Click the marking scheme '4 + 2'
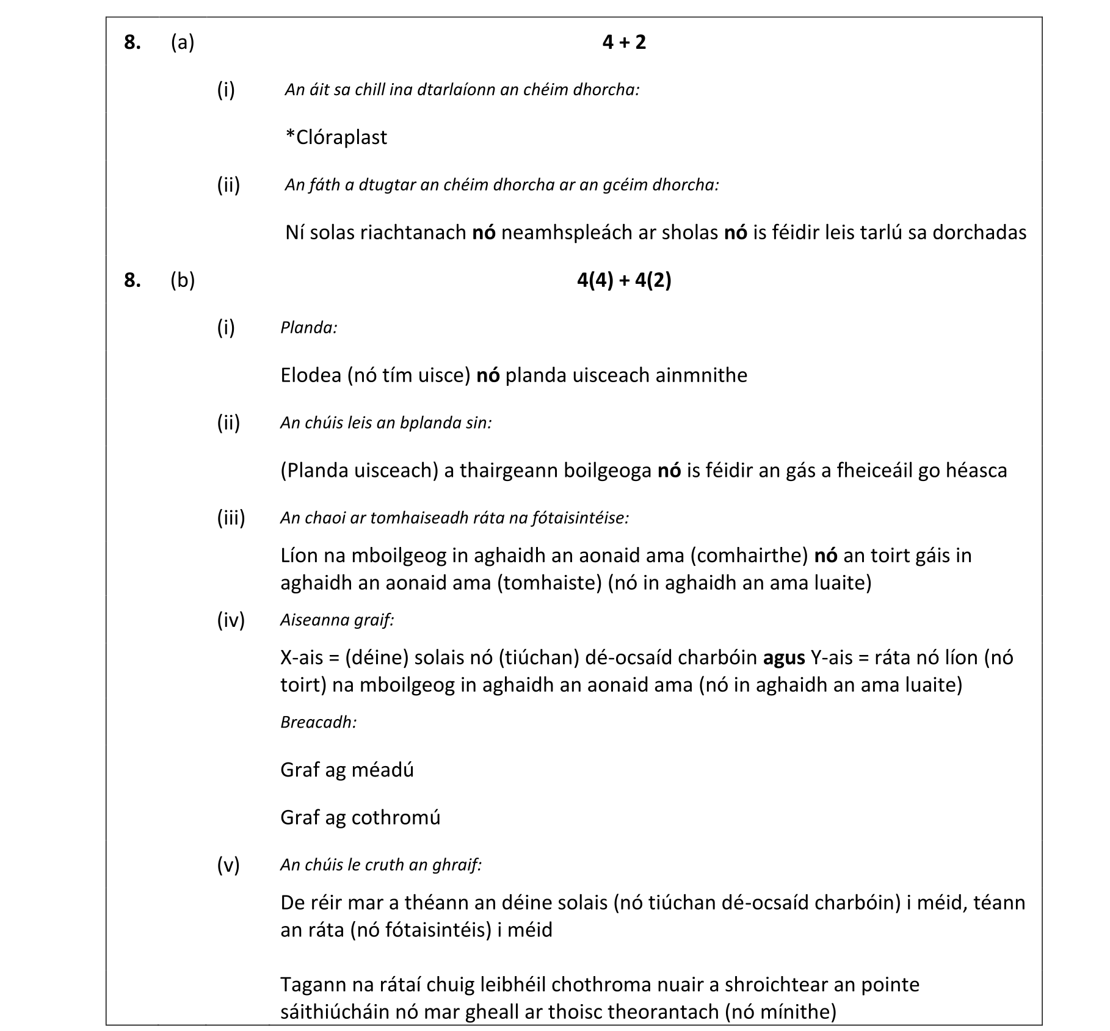click(x=623, y=42)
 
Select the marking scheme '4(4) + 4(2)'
click(x=623, y=280)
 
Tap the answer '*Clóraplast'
click(x=336, y=137)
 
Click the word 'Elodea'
click(x=310, y=375)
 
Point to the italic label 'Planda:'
click(x=308, y=328)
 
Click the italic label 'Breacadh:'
click(x=318, y=722)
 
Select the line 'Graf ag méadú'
click(x=347, y=770)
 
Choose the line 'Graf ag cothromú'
click(x=360, y=817)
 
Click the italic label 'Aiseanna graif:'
click(x=337, y=620)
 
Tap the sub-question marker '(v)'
click(x=228, y=864)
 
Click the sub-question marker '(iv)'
click(x=231, y=620)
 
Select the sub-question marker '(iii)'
click(x=231, y=518)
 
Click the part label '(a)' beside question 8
click(x=183, y=42)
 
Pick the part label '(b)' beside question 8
click(x=183, y=280)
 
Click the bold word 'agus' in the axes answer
click(x=783, y=658)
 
